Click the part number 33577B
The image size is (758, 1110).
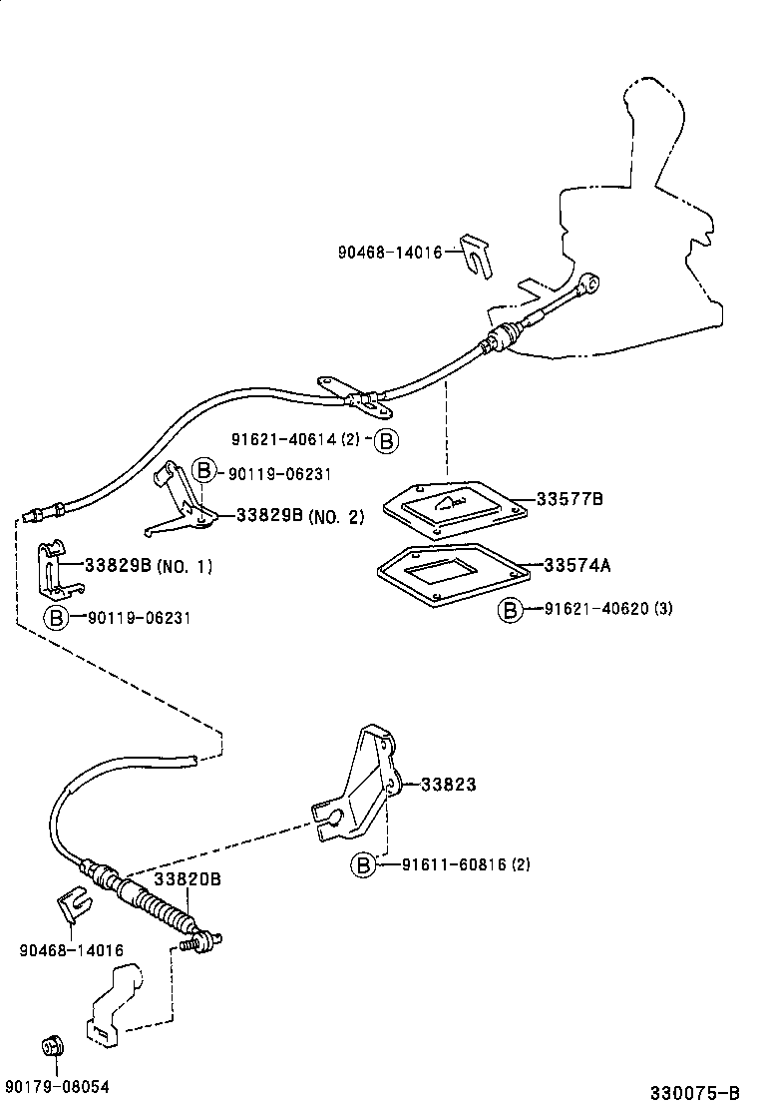click(x=569, y=499)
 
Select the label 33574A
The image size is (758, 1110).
click(x=577, y=565)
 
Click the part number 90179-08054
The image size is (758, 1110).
click(x=57, y=1087)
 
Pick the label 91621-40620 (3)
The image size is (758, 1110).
click(x=608, y=608)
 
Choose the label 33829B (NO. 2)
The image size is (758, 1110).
click(x=300, y=516)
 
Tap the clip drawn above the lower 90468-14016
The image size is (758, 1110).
click(x=70, y=904)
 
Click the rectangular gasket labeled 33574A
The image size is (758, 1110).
click(x=451, y=574)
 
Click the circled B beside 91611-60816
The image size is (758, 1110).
click(x=363, y=864)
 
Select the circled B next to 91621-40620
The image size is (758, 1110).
click(x=511, y=609)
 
